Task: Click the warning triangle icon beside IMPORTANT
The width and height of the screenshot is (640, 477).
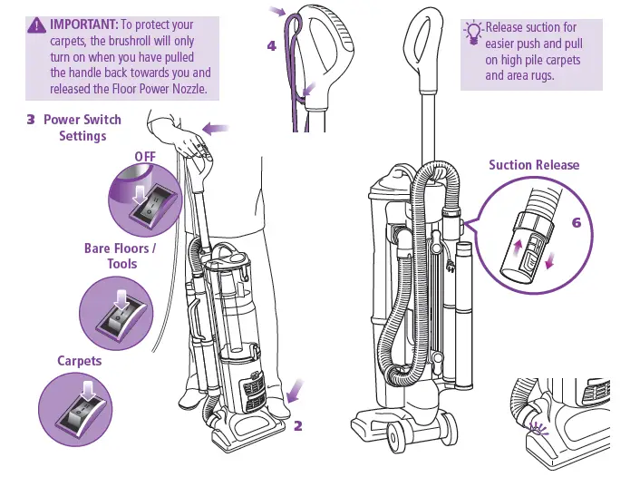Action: (37, 25)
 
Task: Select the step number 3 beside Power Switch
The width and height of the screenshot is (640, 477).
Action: (31, 120)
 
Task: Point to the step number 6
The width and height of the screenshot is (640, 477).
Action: (577, 222)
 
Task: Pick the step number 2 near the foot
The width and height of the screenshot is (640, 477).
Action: (297, 425)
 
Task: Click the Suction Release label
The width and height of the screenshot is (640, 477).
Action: (533, 165)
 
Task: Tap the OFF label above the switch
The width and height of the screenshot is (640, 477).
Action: (145, 156)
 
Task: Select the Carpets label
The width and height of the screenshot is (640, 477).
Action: (80, 360)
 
